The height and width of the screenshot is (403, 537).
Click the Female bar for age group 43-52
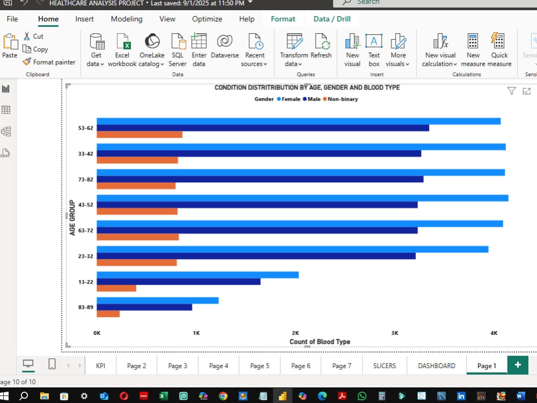(x=302, y=198)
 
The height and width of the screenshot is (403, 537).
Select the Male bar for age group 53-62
(x=263, y=128)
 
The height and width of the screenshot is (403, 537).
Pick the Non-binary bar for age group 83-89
(x=108, y=314)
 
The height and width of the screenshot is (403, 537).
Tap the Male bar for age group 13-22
(x=179, y=282)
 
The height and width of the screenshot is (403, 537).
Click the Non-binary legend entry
(x=340, y=99)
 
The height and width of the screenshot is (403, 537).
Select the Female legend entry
(x=289, y=99)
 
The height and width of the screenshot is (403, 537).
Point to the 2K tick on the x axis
(x=295, y=333)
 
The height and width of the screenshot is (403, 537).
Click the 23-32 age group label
(x=85, y=256)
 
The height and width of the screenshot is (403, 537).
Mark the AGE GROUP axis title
(x=72, y=218)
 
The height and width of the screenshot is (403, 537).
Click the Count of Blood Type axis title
(x=320, y=342)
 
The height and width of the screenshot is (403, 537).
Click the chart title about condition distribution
(x=307, y=88)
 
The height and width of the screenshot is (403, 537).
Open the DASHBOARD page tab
(x=437, y=365)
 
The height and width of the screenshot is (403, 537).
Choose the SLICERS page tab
(x=384, y=365)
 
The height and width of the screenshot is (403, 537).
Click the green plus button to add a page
(x=518, y=365)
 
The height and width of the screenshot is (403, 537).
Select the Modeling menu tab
(x=127, y=19)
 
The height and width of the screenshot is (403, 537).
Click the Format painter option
(x=49, y=62)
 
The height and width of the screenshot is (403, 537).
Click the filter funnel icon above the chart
(x=511, y=91)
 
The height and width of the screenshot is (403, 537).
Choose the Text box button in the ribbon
(x=374, y=50)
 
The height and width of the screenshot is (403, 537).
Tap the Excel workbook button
(x=122, y=50)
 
